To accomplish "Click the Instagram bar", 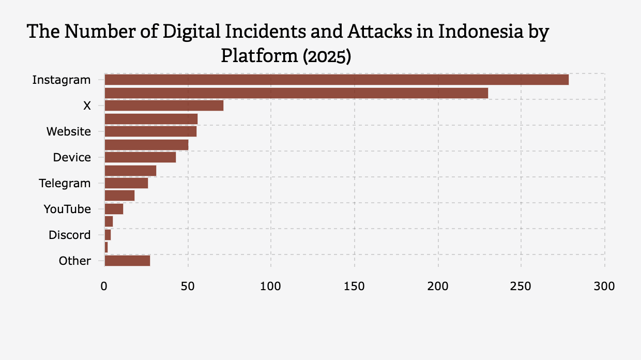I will point(336,80).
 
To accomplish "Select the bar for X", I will point(164,106).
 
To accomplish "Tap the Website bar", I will point(150,131).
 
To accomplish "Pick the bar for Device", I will point(140,157).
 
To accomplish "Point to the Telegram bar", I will point(126,183).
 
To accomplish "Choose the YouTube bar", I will point(114,209).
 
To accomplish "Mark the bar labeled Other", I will point(127,261).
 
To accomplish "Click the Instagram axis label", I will point(62,80).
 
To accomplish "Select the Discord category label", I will point(70,235).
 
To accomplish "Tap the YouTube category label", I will point(67,209).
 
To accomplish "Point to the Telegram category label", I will point(65,183).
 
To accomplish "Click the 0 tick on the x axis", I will point(104,286).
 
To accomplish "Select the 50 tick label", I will point(188,286).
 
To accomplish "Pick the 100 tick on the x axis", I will point(271,286).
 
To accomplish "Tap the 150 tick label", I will point(355,286).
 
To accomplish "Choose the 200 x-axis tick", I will point(438,286).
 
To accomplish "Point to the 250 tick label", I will point(521,286).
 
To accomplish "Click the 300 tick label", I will point(605,286).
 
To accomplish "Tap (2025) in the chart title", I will point(327,56).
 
